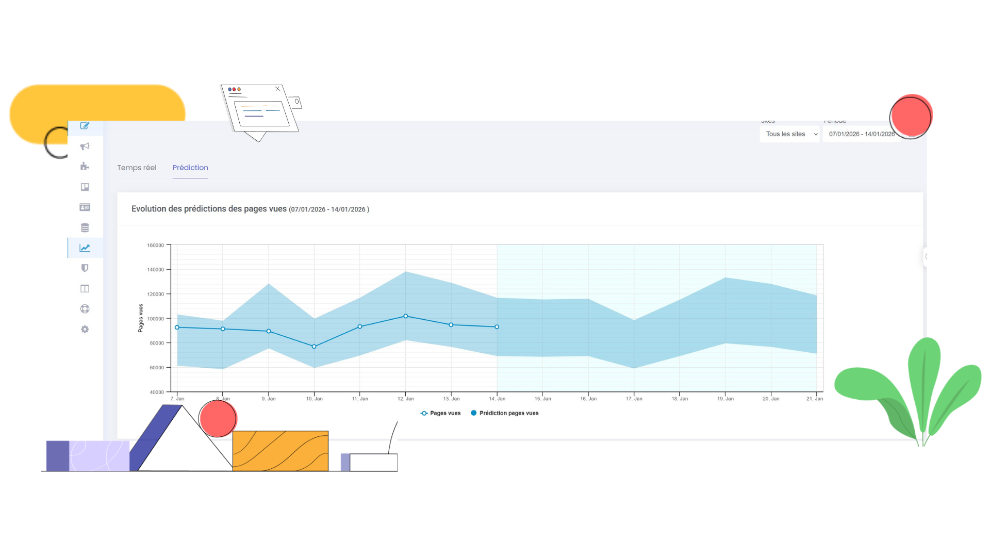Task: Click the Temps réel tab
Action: (137, 168)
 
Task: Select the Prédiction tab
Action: (190, 168)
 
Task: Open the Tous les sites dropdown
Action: (789, 134)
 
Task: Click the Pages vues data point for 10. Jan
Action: (314, 347)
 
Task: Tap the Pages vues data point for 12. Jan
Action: (406, 316)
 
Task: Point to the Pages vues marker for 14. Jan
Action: (497, 327)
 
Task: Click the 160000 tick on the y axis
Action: (156, 245)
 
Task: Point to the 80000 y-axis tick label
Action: (157, 343)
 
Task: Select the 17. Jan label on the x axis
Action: (634, 399)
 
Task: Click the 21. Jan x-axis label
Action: (815, 399)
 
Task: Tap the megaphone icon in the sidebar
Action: (85, 146)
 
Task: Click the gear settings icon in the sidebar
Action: (85, 330)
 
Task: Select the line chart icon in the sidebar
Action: (85, 248)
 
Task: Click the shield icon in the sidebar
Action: (85, 268)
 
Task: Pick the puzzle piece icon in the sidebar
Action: (85, 167)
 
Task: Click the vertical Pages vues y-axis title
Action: (140, 318)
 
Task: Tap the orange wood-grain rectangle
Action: (280, 451)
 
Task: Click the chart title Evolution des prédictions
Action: (209, 209)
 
